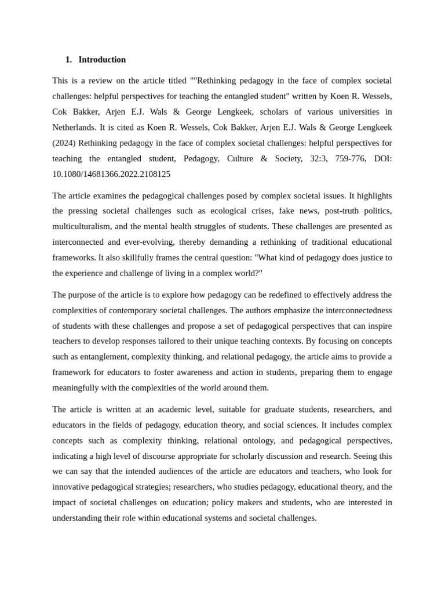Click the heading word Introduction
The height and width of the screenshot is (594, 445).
[x=102, y=60]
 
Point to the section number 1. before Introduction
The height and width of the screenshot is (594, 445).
[x=68, y=60]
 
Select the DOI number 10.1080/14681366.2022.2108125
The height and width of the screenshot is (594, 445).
[x=111, y=174]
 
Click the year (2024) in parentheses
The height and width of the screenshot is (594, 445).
[x=65, y=143]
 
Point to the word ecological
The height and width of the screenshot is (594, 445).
[x=223, y=211]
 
